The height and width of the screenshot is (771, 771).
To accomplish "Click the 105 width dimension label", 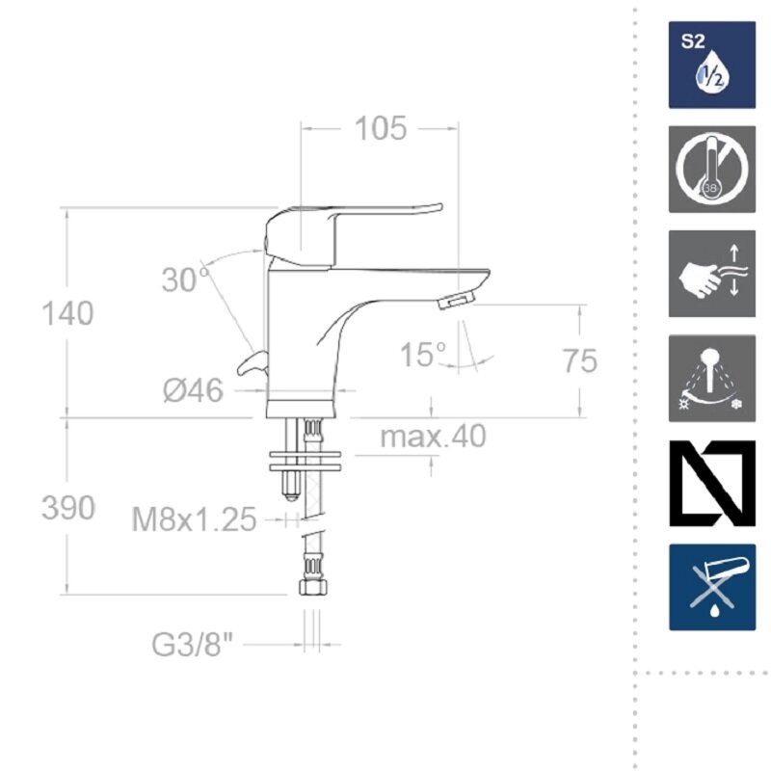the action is coord(381,129).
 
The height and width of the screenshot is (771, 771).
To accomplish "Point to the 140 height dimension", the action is coord(67,313).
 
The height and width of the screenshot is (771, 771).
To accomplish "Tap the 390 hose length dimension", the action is coord(67,508).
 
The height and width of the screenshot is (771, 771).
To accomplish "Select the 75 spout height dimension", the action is coord(580,360).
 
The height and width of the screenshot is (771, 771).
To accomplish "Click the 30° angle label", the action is coord(186,279).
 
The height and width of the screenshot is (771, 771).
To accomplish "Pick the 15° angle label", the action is coord(422,355).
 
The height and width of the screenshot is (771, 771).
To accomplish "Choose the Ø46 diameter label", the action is coord(194,391).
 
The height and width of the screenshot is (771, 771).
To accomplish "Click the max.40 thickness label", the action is coord(433,436).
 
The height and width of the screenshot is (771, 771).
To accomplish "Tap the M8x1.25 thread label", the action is coord(195,519).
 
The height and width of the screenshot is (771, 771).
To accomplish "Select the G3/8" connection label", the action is coord(192,644).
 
